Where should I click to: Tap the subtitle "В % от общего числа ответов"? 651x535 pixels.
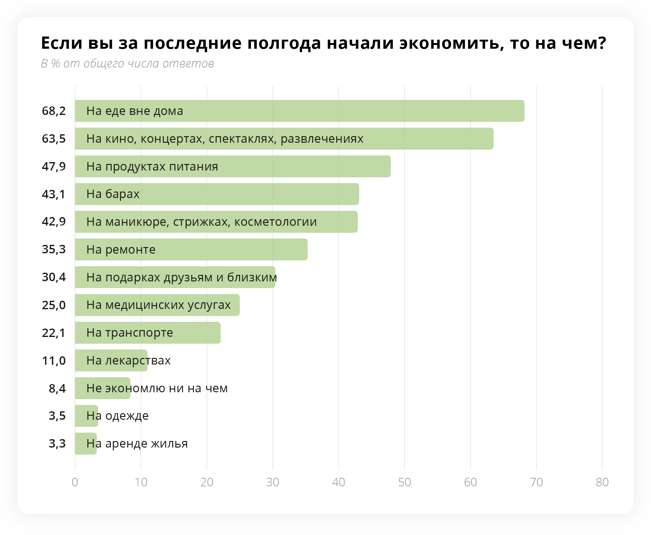[127, 63]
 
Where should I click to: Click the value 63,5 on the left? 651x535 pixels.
[54, 139]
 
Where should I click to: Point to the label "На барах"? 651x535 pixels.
[113, 194]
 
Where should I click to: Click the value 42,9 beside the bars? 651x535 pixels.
[54, 221]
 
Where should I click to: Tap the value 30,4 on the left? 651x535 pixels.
[54, 277]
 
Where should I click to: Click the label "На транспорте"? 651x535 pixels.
[130, 333]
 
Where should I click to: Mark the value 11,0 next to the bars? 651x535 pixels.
[54, 361]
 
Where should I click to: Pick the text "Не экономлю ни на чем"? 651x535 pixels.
[157, 388]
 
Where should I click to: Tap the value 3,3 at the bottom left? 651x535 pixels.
[57, 443]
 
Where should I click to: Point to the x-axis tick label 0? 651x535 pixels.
[75, 482]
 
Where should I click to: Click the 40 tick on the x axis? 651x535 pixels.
[339, 482]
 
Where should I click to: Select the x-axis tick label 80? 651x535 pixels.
[602, 482]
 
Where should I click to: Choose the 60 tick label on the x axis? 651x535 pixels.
[470, 482]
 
